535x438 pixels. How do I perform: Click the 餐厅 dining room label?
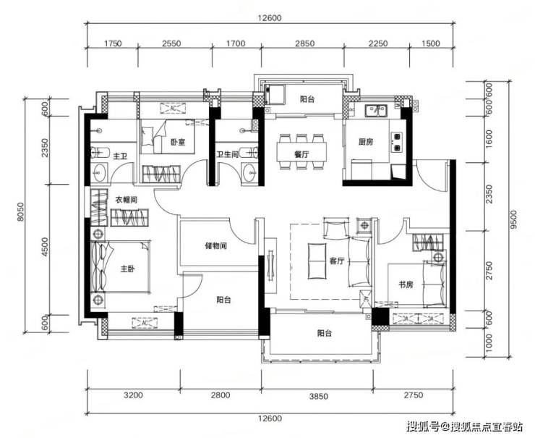pos(301,154)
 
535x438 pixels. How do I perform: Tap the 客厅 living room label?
pos(336,261)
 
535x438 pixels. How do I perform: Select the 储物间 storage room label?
pos(215,245)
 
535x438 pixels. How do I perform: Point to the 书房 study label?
pos(406,285)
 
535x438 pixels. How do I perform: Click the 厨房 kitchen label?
pos(366,141)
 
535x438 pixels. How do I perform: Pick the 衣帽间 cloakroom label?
pos(126,200)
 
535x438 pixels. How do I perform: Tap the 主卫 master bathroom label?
pos(120,156)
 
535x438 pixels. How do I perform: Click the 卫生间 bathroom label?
pos(228,154)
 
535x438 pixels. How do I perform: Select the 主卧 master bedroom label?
pos(128,269)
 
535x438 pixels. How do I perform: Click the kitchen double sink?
pos(375,110)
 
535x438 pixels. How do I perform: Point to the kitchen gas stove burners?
pos(397,142)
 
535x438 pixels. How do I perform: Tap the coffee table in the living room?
pos(317,261)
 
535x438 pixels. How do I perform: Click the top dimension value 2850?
pos(304,43)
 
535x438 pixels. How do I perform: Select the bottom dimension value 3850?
pos(318,396)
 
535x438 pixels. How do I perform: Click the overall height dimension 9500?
pos(514,219)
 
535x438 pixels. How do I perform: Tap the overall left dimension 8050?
pos(21,212)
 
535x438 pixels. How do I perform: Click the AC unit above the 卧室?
pos(174,109)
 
